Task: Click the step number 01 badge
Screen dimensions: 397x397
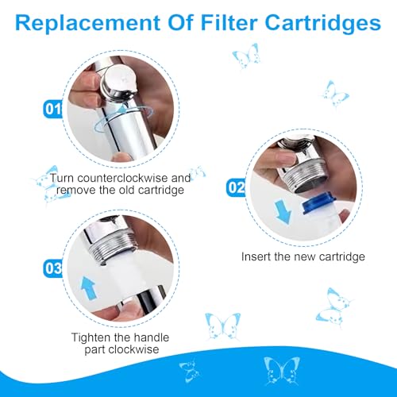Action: click(52, 110)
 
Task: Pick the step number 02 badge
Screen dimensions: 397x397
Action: click(235, 187)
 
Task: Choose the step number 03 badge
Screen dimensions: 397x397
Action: click(52, 268)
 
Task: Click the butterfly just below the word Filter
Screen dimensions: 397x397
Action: click(245, 56)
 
